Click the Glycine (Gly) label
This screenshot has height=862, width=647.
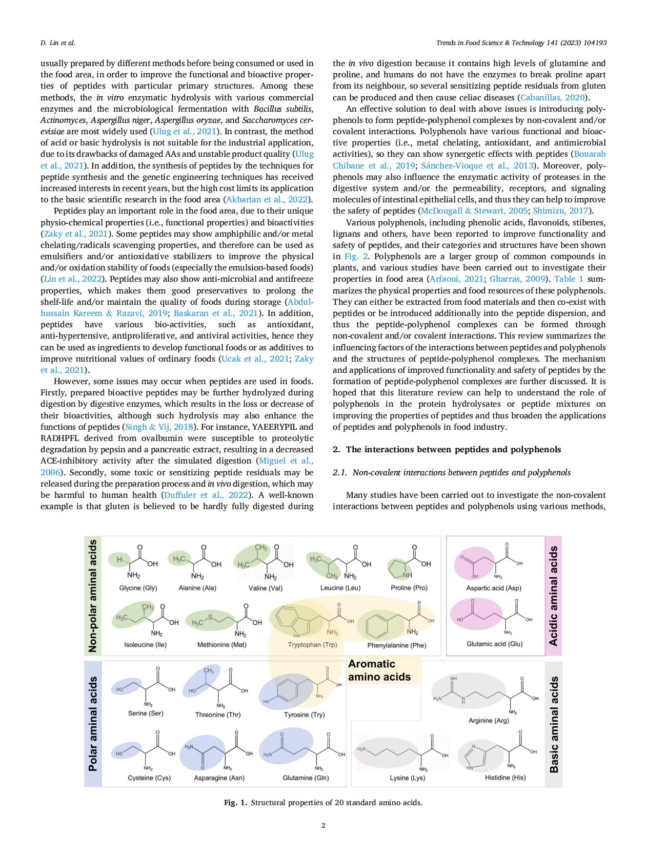tap(138, 588)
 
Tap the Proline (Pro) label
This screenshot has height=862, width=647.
tap(409, 588)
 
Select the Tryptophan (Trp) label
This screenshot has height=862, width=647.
tap(312, 645)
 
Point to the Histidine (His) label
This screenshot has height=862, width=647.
tap(505, 777)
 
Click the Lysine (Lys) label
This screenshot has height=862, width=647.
tap(407, 778)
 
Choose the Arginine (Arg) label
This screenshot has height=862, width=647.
tap(489, 721)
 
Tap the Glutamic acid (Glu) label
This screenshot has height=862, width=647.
tap(494, 644)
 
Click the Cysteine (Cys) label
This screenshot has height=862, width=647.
tap(149, 778)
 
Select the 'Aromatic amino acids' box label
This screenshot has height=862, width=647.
tap(379, 670)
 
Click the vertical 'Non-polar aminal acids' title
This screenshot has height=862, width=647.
tap(93, 596)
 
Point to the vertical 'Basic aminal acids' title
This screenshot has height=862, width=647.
tap(554, 724)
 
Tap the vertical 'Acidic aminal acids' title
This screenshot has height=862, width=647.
tap(553, 596)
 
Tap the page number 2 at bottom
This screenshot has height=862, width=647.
tap(323, 825)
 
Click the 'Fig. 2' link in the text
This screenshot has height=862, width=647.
tap(356, 257)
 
